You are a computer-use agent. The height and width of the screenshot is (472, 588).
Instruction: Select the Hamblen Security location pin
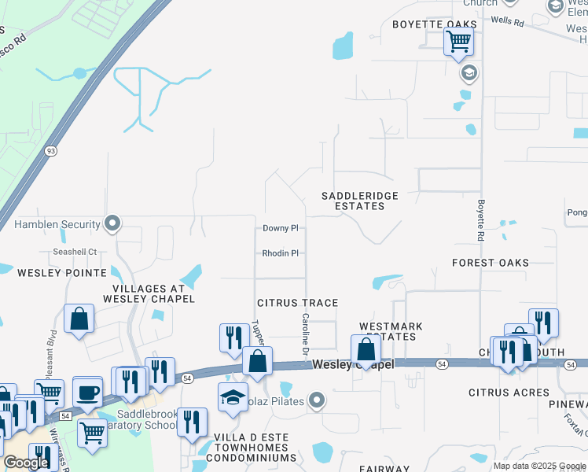[x=112, y=224]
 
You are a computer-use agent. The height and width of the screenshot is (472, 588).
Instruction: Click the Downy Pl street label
[x=281, y=228]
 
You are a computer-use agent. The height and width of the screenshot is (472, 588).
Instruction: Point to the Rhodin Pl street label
[x=281, y=253]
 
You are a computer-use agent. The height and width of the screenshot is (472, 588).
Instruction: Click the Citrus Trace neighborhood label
[x=298, y=303]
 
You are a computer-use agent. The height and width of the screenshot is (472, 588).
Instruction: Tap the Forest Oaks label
[x=491, y=263]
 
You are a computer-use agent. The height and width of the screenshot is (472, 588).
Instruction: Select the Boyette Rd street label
[x=480, y=219]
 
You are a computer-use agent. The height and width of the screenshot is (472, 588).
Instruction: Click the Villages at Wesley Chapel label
[x=148, y=293]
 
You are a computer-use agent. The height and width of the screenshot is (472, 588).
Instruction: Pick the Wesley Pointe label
[x=62, y=273]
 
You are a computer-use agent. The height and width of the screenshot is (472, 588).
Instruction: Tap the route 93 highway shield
[x=50, y=150]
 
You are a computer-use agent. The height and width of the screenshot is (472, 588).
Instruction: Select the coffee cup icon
[x=87, y=391]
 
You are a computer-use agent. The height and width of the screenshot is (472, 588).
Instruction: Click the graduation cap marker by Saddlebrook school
[x=233, y=397]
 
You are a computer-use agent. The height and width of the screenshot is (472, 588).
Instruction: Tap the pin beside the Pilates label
[x=317, y=402]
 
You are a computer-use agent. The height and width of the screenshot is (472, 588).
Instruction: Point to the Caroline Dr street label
[x=305, y=332]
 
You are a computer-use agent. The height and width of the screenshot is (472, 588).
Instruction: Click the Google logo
[x=26, y=463]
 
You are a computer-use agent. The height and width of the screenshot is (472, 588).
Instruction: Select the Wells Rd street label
[x=508, y=22]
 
